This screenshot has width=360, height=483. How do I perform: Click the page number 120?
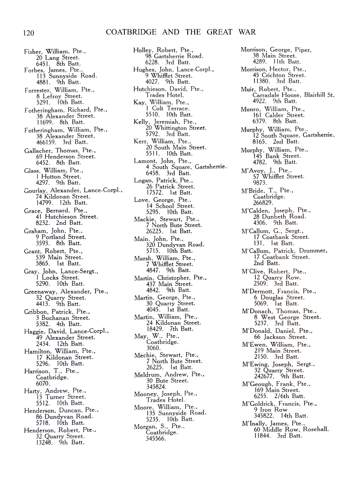tap(28, 33)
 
